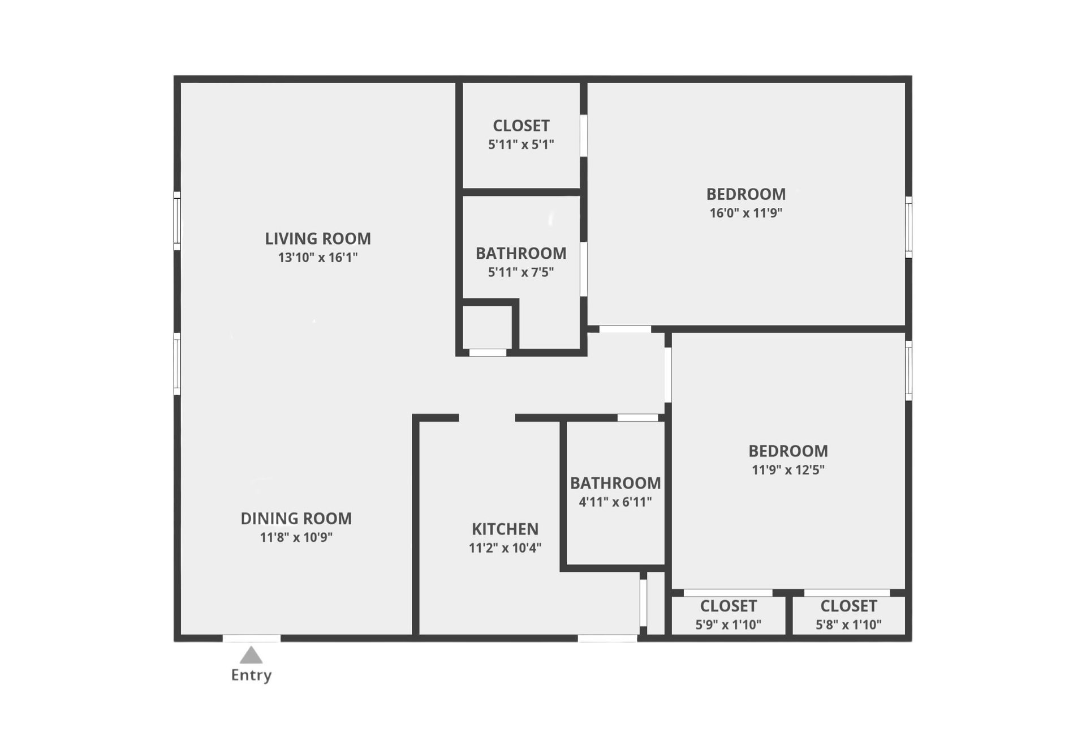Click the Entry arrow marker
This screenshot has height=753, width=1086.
(x=251, y=656)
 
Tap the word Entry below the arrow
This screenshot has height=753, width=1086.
(x=251, y=675)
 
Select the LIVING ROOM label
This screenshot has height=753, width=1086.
(x=318, y=239)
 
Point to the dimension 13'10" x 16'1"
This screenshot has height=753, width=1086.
(x=318, y=258)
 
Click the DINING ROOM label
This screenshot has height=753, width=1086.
(x=296, y=519)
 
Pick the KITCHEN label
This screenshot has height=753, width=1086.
(x=505, y=529)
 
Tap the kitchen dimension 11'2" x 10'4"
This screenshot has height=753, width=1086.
(x=505, y=548)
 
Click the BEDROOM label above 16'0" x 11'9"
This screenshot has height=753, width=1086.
(x=746, y=194)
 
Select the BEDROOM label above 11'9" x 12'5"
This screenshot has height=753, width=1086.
(x=788, y=451)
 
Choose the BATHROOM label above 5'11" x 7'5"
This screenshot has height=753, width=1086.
(x=521, y=254)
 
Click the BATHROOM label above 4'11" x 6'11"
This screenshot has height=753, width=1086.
(x=615, y=484)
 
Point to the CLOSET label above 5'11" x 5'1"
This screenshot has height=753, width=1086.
(x=521, y=126)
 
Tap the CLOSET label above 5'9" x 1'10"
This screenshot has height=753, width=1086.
(x=729, y=606)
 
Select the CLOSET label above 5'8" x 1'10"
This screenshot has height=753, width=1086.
(x=848, y=606)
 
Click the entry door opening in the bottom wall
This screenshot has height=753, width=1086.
(x=251, y=638)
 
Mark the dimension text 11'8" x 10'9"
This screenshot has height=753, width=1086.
(x=296, y=537)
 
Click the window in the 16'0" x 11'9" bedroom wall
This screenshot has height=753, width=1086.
(x=908, y=226)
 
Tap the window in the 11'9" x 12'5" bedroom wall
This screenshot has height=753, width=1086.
(x=908, y=370)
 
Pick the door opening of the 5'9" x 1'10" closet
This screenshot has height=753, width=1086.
(x=728, y=593)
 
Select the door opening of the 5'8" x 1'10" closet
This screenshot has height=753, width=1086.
(x=847, y=593)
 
